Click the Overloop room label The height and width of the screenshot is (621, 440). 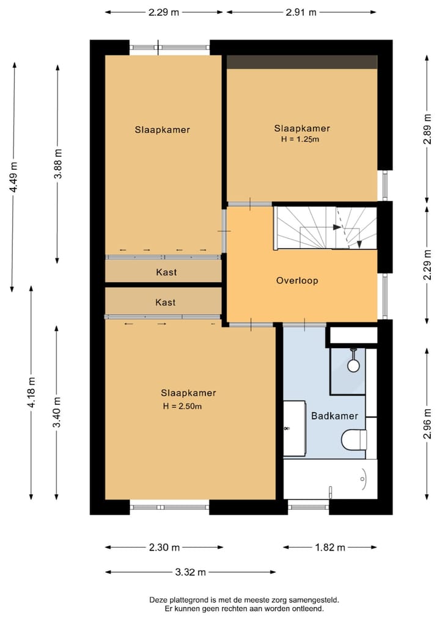(298, 281)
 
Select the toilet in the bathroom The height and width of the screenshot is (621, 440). (354, 439)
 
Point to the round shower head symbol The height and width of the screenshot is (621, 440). (353, 365)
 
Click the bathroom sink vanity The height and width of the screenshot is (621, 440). (294, 428)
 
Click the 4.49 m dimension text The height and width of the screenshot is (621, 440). (13, 176)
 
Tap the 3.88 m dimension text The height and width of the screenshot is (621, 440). (57, 164)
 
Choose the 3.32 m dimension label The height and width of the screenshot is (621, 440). (191, 572)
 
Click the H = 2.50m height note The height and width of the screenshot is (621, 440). (182, 406)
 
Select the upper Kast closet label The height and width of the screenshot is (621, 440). (166, 272)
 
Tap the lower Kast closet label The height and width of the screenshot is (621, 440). (166, 302)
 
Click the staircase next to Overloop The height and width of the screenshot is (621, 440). (324, 228)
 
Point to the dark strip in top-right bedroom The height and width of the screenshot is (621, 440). (302, 62)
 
